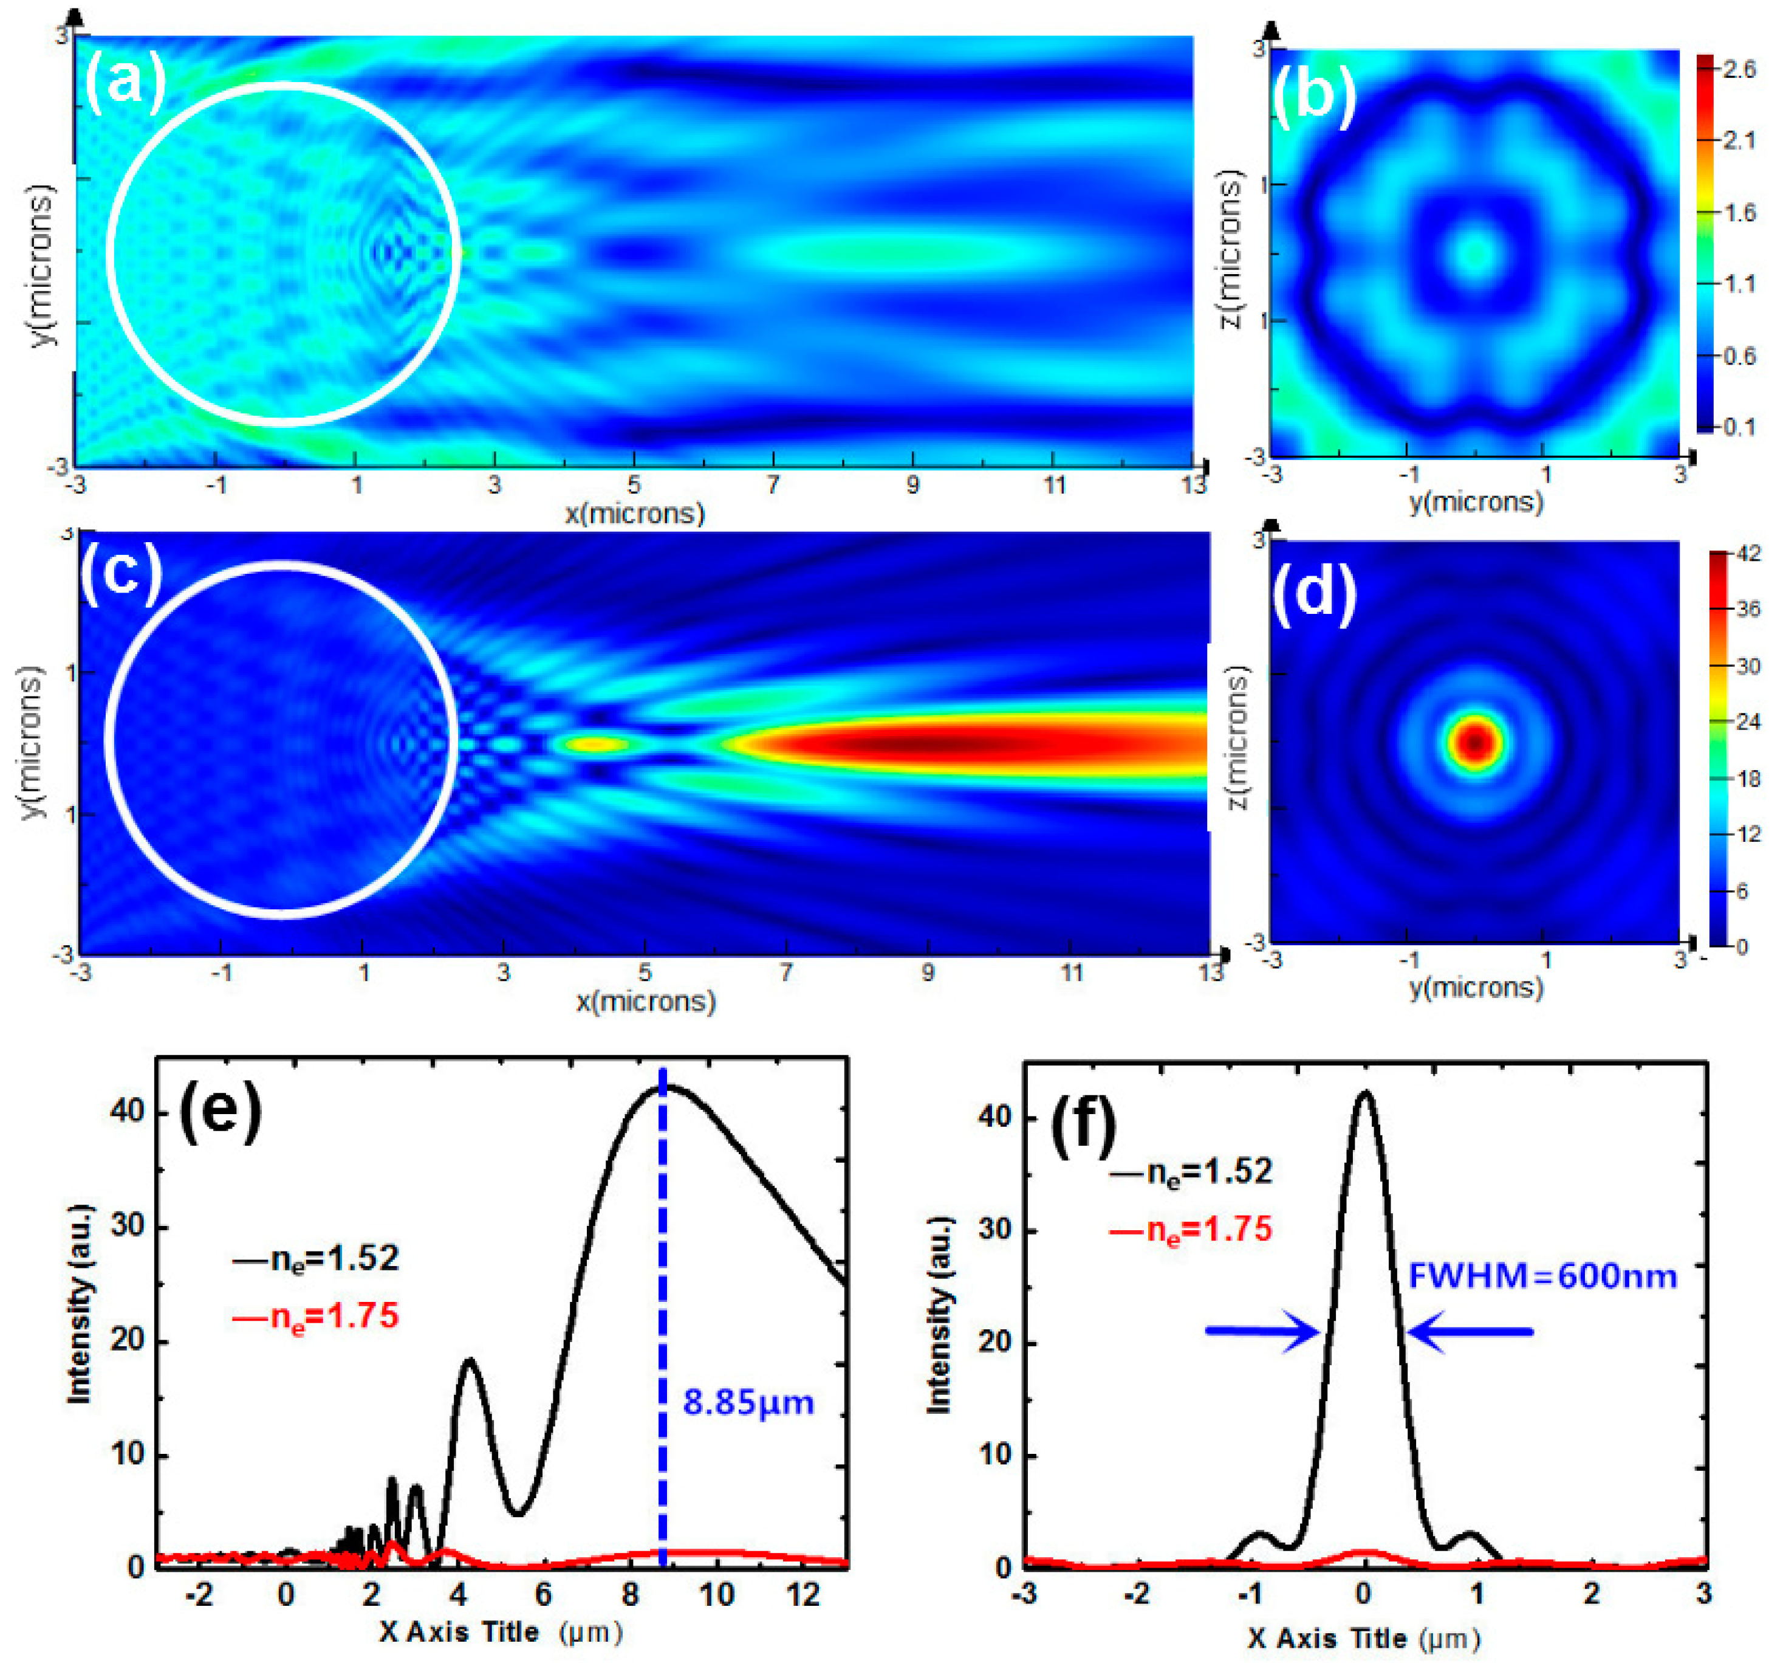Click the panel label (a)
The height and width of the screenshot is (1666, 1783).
point(126,83)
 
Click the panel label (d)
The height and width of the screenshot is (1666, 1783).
point(1314,592)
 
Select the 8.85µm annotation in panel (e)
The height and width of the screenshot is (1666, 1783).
point(748,1402)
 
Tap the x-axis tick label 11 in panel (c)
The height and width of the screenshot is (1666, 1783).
point(1071,973)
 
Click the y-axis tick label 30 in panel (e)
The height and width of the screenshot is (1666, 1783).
point(128,1225)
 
